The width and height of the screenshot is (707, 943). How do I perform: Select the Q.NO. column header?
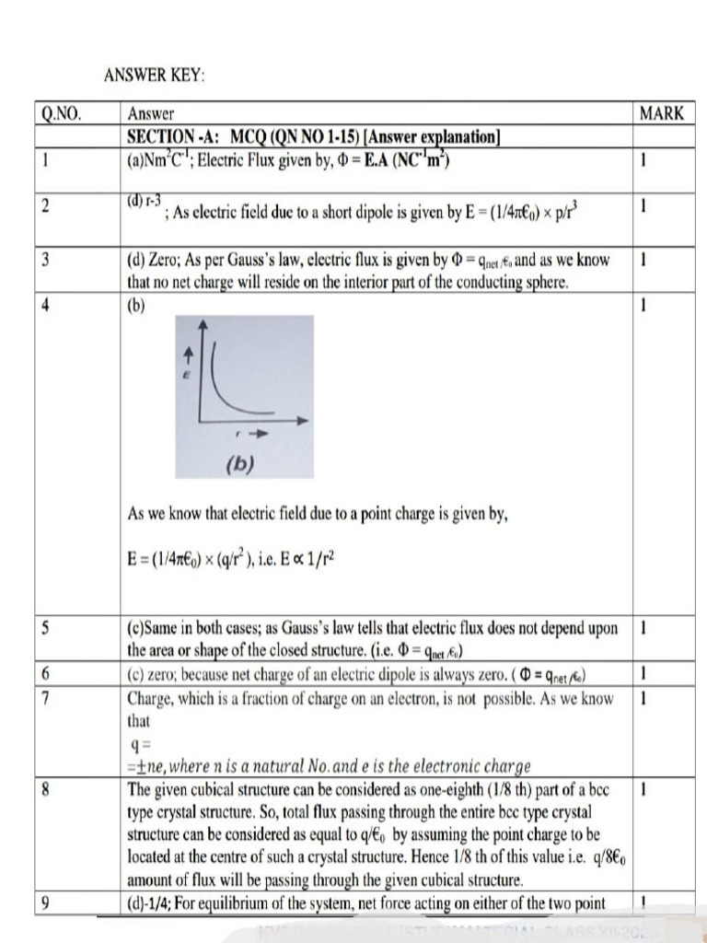pos(61,115)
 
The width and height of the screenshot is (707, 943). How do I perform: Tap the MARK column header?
pos(661,114)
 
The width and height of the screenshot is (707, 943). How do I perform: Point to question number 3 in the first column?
pos(45,261)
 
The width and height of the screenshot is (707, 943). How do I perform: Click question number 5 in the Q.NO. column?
pos(45,628)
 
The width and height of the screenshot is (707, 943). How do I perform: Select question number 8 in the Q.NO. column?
pos(45,789)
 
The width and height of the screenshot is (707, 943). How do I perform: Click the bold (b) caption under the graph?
pos(240,464)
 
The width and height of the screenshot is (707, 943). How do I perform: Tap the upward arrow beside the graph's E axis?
pos(191,353)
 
